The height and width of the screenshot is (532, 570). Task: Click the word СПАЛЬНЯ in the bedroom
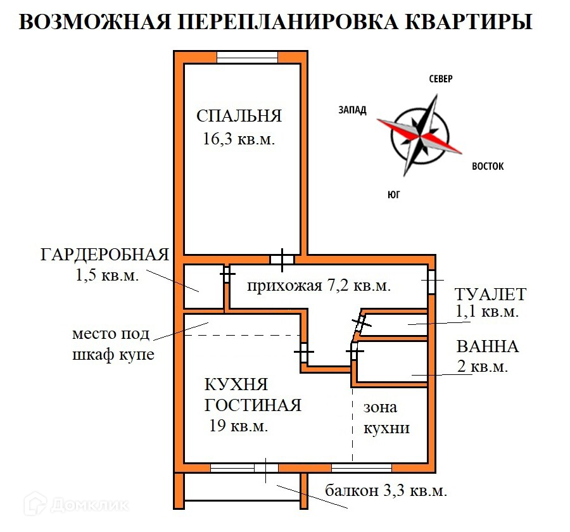[x=239, y=116]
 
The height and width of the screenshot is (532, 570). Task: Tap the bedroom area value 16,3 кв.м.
[x=239, y=139]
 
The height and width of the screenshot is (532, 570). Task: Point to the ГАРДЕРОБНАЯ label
[x=104, y=255]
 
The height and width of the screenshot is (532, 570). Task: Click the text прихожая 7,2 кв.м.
[x=319, y=286]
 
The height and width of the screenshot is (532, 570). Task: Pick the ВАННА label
[x=487, y=346]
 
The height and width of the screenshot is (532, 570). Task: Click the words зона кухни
[x=386, y=417]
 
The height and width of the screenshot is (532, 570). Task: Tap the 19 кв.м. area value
[x=238, y=426]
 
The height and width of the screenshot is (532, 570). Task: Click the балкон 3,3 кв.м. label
[x=386, y=490]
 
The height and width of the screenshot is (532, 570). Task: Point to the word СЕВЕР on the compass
[x=441, y=79]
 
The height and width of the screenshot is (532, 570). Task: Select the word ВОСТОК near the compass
[x=488, y=167]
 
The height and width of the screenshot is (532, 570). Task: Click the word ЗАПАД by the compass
[x=352, y=110]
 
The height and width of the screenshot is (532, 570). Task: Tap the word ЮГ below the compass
[x=393, y=194]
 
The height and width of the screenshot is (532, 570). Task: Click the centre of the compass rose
[x=419, y=135]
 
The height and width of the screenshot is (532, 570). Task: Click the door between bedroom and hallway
[x=282, y=259]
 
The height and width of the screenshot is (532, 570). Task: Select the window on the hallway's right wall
[x=431, y=281]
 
